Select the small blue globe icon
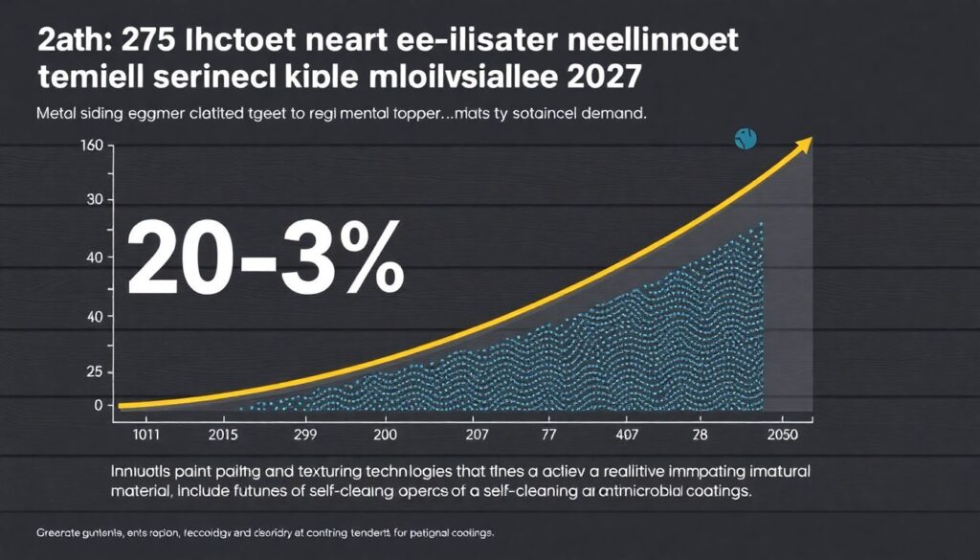tap(746, 139)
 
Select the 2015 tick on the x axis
tap(222, 434)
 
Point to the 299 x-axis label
tap(302, 434)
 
